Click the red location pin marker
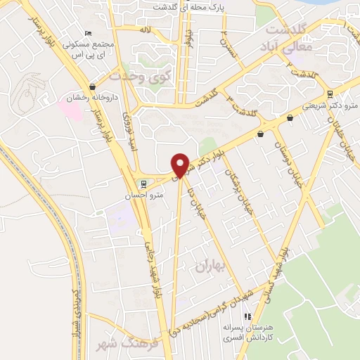[x=181, y=165]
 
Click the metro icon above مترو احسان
[x=144, y=185]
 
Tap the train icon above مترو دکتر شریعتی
[x=330, y=95]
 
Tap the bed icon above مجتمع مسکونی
[x=87, y=33]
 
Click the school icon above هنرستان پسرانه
[x=247, y=317]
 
